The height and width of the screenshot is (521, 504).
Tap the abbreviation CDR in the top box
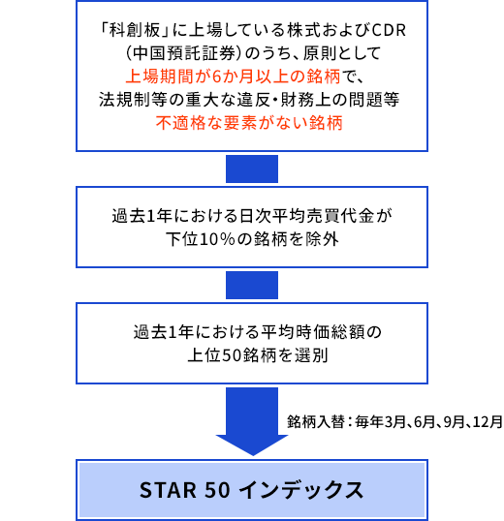[389, 31]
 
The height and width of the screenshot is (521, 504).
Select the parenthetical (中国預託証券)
[183, 53]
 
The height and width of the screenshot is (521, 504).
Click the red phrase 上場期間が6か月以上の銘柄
[233, 77]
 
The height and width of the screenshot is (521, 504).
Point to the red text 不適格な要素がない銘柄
[249, 123]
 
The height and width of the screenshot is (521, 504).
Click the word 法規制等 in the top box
[133, 100]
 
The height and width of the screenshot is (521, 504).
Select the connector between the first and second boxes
[252, 169]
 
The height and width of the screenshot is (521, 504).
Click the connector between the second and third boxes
[252, 285]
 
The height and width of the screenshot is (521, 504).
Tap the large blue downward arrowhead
[252, 444]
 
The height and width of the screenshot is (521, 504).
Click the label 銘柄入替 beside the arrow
[316, 422]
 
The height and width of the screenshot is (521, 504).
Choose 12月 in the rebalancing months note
[488, 422]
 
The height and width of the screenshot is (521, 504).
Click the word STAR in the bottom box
[169, 490]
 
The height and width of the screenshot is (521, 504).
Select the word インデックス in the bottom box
[301, 490]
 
